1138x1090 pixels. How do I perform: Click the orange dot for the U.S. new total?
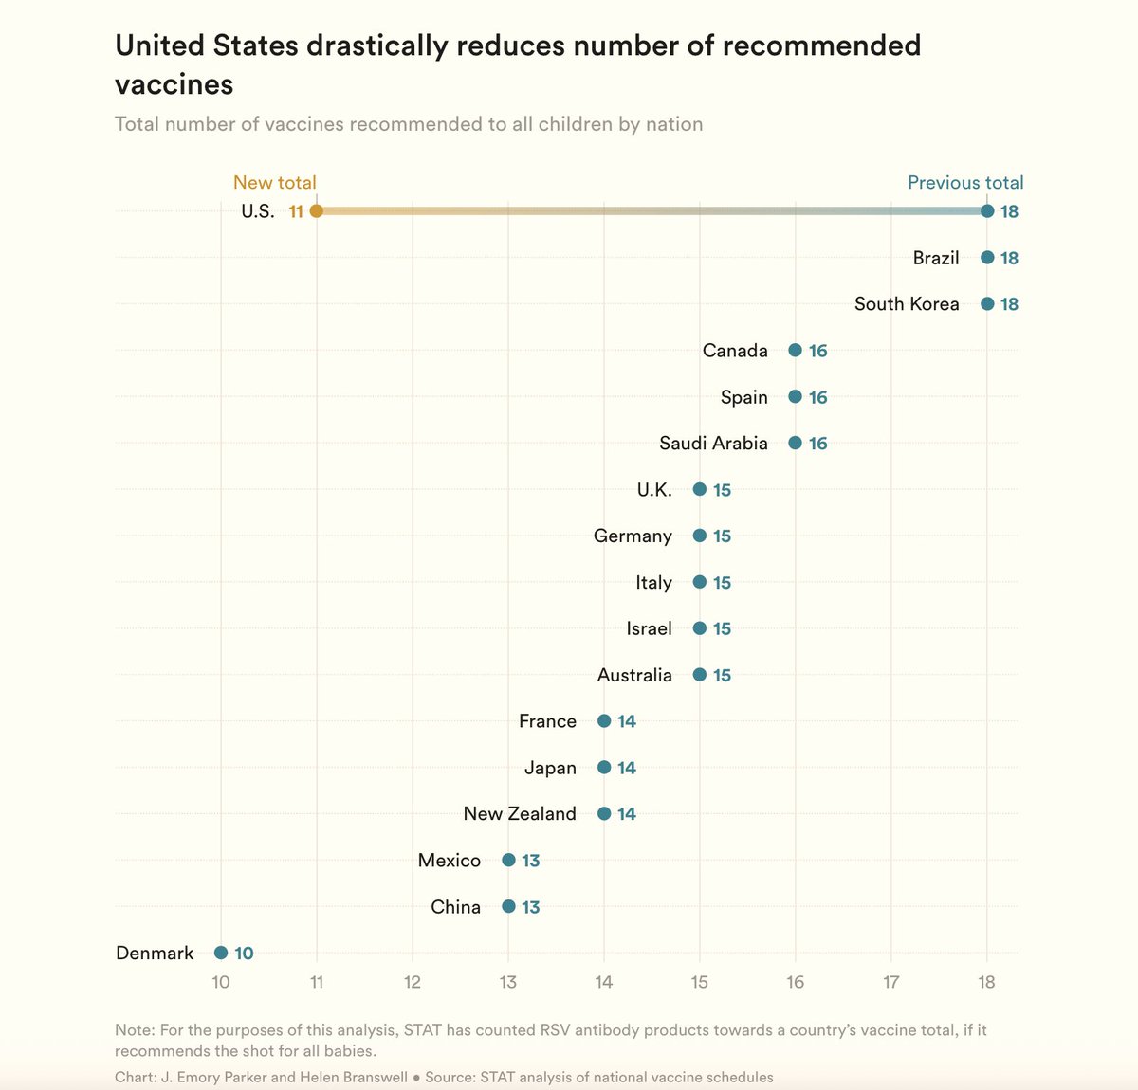tap(317, 211)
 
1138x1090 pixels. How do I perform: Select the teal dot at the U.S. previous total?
tap(987, 211)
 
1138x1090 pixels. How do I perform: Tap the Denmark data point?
tap(220, 953)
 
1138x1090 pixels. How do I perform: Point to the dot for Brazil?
tap(987, 257)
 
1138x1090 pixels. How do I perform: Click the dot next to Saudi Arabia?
tap(796, 443)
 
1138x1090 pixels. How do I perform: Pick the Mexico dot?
tap(508, 860)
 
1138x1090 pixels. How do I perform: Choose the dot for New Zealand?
tap(604, 813)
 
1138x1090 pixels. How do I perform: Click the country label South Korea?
tap(907, 304)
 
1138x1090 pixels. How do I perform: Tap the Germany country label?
tap(633, 536)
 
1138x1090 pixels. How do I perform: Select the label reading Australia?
tap(634, 675)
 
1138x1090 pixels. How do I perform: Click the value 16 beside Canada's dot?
tap(817, 351)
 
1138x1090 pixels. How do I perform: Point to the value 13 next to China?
tap(530, 907)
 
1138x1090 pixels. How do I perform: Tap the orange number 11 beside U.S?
tap(296, 211)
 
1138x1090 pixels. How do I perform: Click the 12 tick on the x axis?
tap(413, 982)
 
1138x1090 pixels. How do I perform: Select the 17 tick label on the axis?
tap(890, 982)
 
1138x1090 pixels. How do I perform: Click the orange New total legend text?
tap(275, 182)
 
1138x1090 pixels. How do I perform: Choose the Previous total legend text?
tap(965, 182)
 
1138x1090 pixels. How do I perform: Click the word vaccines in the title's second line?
tap(174, 84)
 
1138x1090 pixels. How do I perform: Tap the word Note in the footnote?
tap(134, 1029)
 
